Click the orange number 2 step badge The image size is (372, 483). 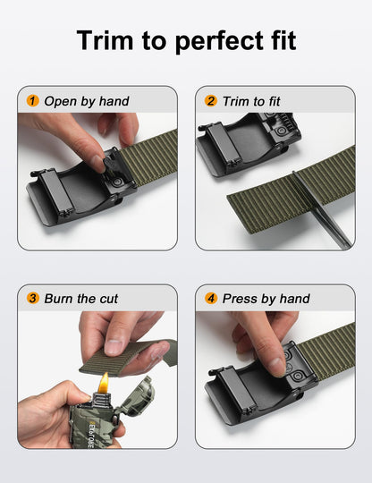point(211,101)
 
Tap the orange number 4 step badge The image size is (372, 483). point(211,299)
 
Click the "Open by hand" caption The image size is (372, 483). point(87,101)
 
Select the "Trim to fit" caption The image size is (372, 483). point(251,101)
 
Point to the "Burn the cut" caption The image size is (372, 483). point(81,299)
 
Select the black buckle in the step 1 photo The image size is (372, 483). point(76,190)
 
